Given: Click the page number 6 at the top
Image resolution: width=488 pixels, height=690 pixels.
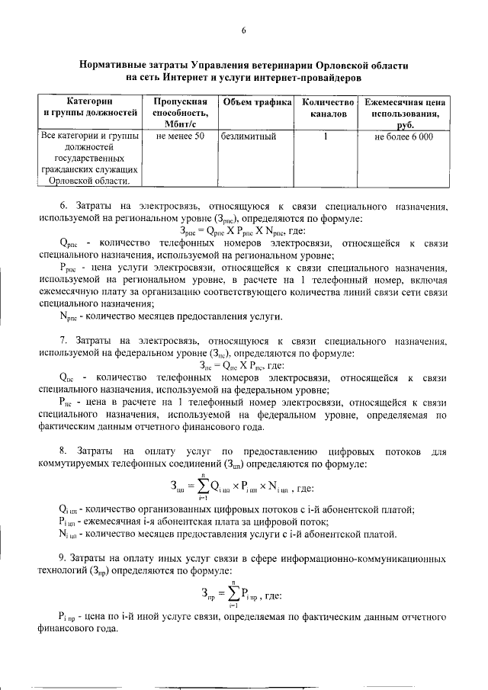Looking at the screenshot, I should [244, 30].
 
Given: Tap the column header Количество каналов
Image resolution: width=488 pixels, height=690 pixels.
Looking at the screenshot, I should [329, 108].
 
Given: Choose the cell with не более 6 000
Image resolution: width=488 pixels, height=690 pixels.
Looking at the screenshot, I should [404, 136].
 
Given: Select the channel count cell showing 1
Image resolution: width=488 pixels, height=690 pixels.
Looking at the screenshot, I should [326, 136].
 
